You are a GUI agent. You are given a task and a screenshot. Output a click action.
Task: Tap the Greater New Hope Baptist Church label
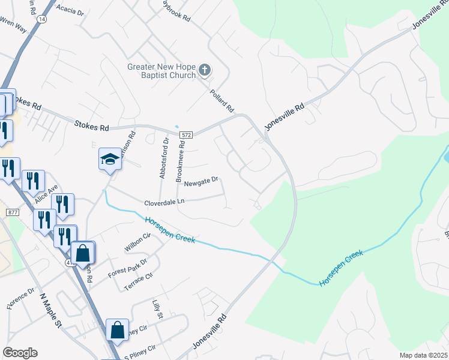pos(161,71)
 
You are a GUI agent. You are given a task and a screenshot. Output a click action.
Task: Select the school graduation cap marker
pos(110,159)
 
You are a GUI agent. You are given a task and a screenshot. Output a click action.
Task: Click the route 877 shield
pos(13,212)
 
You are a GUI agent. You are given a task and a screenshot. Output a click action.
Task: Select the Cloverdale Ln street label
pos(163,203)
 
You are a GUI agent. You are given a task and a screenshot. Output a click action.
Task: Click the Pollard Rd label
pos(221,101)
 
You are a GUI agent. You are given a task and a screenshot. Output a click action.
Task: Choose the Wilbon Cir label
pos(137,243)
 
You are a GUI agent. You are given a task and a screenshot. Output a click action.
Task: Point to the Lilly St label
pos(157,310)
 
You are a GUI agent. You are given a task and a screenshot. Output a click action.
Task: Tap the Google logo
pos(20,353)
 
